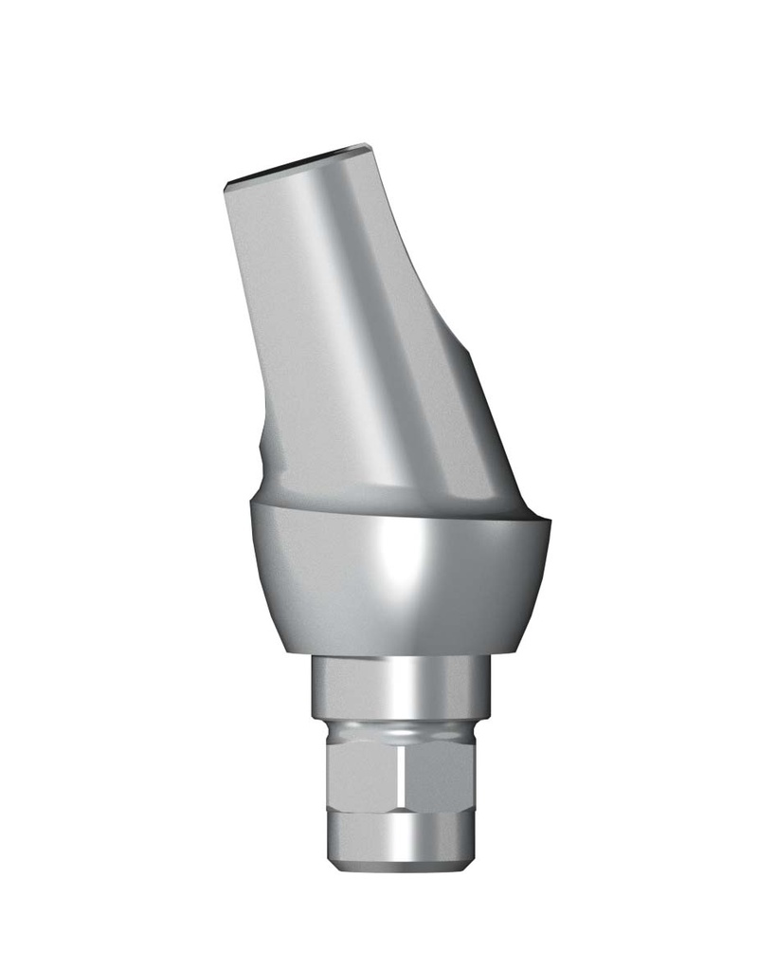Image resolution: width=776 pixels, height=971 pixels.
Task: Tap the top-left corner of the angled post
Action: tap(226, 187)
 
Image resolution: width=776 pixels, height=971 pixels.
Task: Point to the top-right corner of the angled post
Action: tap(367, 148)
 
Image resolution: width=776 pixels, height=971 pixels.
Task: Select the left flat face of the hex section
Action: tap(365, 778)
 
